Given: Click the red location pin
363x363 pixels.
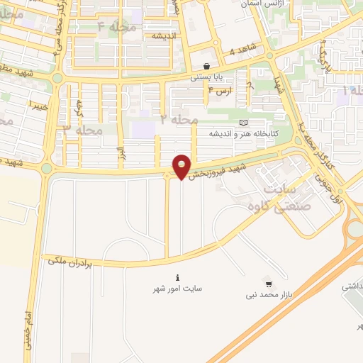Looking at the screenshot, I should (182, 166).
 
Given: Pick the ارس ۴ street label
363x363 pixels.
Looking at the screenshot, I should (220, 91).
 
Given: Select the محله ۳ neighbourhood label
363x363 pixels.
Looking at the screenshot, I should (83, 130).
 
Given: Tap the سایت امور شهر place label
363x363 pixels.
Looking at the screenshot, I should (177, 289).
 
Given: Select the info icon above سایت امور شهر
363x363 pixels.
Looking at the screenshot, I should (177, 277).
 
